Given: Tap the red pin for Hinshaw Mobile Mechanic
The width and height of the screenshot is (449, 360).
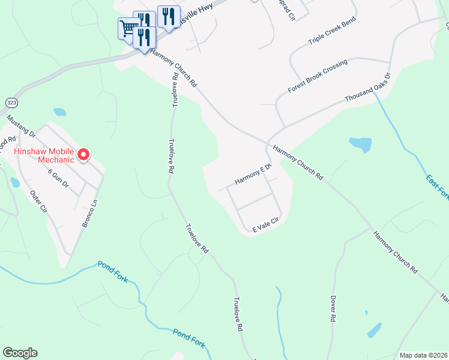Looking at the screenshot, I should (83, 154).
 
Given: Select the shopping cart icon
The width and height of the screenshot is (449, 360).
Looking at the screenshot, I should (127, 28).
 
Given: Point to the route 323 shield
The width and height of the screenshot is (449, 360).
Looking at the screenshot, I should (10, 102).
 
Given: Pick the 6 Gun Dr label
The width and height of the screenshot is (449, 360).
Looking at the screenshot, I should (58, 178).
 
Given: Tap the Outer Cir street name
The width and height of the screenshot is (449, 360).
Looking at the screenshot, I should (38, 202).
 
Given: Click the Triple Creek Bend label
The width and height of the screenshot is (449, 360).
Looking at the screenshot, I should (332, 31).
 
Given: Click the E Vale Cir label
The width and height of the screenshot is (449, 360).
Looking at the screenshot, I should (266, 225).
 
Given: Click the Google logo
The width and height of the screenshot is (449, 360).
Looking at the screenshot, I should (20, 353).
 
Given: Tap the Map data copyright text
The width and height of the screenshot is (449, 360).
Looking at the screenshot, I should (423, 355).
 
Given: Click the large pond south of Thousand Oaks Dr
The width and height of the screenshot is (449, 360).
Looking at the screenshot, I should (360, 145).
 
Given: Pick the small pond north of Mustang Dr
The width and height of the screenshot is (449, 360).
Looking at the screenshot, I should (59, 112).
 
